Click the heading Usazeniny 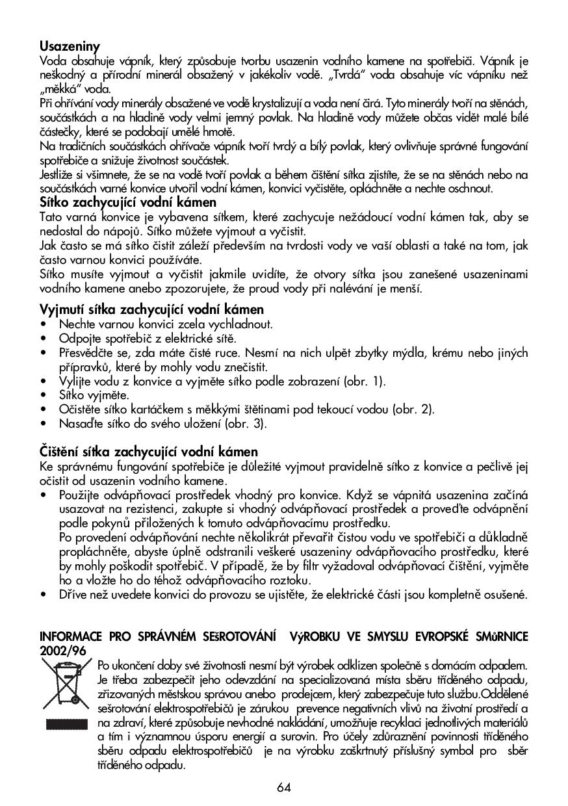coord(70,46)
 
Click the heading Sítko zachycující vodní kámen coord(128,202)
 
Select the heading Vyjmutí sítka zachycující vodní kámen coord(151,309)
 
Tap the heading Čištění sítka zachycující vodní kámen coord(149,451)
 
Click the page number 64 coord(283,787)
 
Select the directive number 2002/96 coord(62,650)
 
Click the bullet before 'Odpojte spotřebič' coord(44,339)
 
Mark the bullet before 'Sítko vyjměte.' coord(44,395)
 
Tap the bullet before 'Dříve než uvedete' coord(44,595)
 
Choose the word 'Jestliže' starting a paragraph coord(57,175)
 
